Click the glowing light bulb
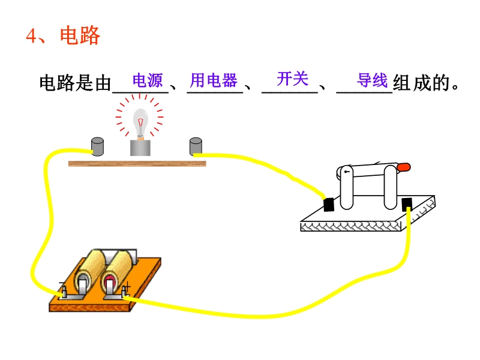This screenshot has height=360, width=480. [140, 122]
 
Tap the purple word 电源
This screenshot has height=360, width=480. [148, 80]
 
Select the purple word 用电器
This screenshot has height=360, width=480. [214, 80]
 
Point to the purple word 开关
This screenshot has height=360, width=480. [292, 78]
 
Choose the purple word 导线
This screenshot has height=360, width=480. [372, 80]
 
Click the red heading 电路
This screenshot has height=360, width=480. [80, 36]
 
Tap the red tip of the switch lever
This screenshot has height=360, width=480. [404, 167]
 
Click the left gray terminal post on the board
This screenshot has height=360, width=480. [97, 146]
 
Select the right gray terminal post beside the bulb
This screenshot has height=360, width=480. [196, 146]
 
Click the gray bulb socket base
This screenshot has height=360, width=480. [140, 147]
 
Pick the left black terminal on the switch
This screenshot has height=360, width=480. [328, 204]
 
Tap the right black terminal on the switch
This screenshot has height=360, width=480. [407, 204]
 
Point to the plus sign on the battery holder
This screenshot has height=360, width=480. [127, 291]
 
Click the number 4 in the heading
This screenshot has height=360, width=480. [32, 36]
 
